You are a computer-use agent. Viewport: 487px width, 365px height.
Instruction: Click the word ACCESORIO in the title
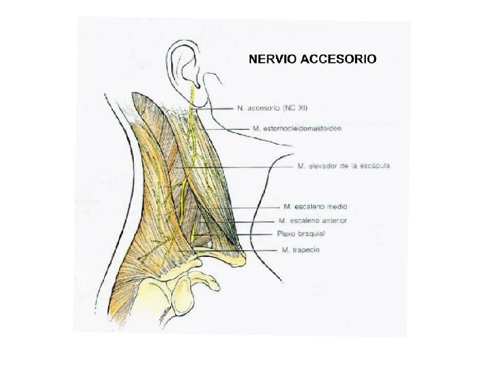point(339,59)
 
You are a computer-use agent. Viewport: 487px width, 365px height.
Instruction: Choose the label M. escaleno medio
point(315,206)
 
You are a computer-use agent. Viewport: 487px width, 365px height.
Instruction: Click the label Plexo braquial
point(301,234)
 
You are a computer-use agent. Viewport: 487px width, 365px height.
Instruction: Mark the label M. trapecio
point(301,250)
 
